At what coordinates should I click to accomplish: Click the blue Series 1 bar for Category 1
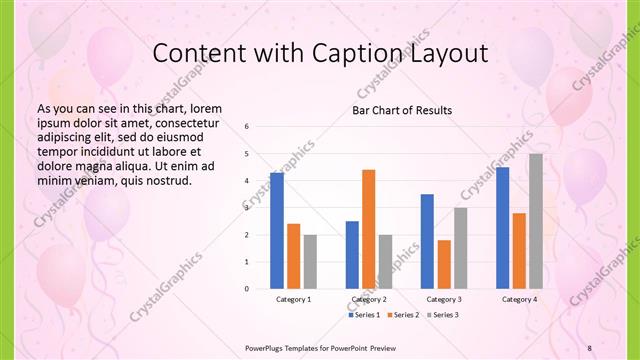click(x=276, y=230)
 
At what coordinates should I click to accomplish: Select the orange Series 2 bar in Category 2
click(x=369, y=229)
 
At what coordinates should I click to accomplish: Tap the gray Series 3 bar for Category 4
click(x=536, y=221)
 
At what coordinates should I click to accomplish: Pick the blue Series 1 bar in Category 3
click(x=427, y=241)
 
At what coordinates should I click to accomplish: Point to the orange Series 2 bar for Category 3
click(x=444, y=264)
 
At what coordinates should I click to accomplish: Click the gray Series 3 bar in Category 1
click(x=310, y=261)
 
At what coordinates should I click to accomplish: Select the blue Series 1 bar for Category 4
click(x=502, y=227)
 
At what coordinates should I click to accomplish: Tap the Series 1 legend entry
click(x=366, y=315)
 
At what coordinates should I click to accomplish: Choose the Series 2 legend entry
click(x=402, y=315)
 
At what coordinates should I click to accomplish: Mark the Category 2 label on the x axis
click(x=369, y=299)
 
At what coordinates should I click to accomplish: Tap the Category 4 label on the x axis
click(x=519, y=299)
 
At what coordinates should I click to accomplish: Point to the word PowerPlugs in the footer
click(x=267, y=347)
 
